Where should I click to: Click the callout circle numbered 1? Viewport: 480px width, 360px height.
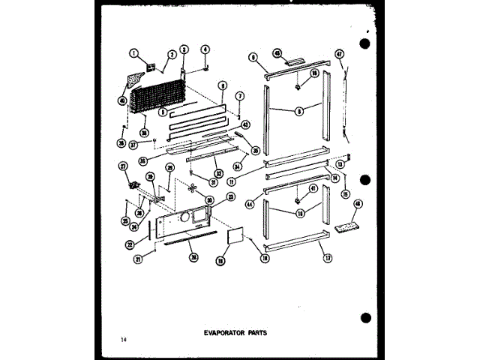click(133, 53)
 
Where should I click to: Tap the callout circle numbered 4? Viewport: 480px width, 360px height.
click(204, 51)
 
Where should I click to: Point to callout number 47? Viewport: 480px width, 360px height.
click(339, 54)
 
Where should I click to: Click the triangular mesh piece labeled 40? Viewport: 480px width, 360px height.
click(134, 79)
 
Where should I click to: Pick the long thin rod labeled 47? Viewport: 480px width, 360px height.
click(346, 105)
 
